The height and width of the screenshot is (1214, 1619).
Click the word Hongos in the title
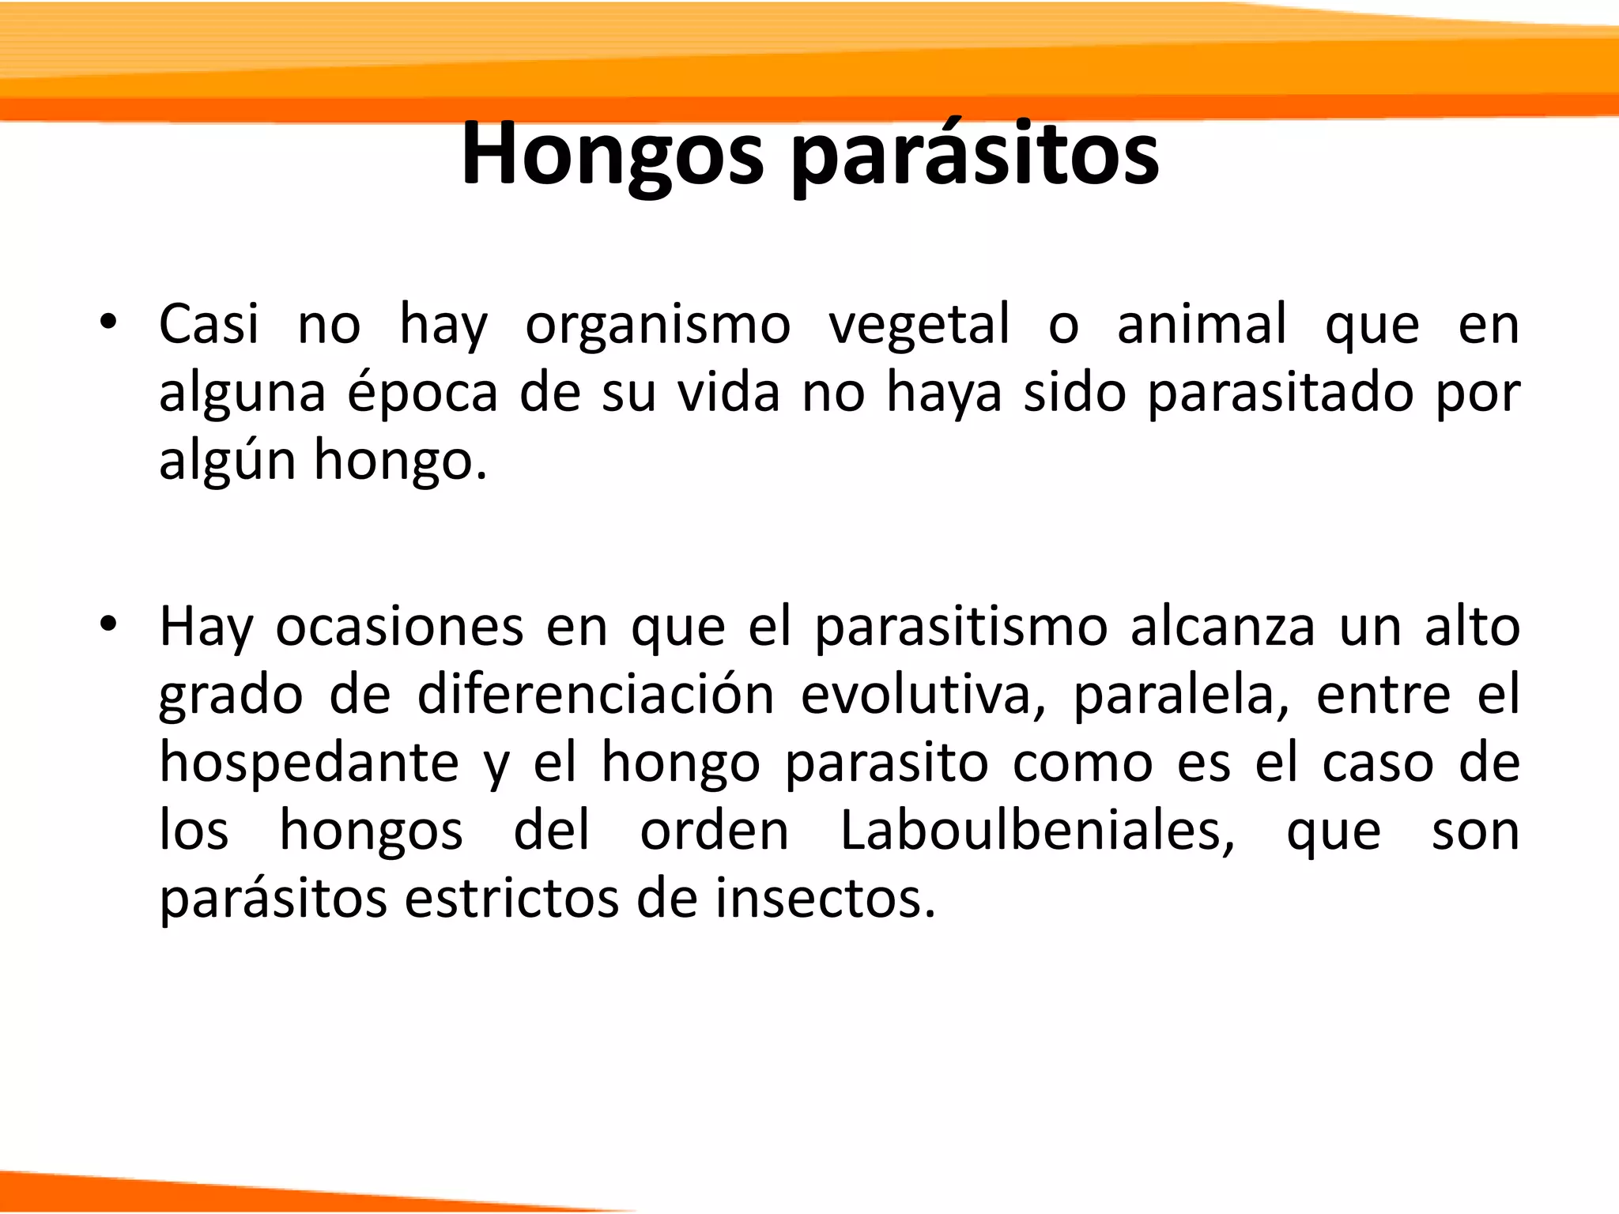coord(613,154)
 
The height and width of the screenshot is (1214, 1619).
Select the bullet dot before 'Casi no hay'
coord(109,323)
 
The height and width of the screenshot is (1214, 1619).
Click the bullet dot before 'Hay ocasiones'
coord(109,625)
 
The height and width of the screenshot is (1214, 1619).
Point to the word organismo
coord(658,325)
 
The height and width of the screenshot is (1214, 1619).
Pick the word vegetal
coord(919,325)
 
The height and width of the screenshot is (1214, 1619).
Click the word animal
coord(1202,323)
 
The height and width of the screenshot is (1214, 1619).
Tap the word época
coord(423,393)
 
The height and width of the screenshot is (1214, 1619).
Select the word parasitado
coord(1280,393)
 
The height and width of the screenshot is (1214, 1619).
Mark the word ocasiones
coord(400,627)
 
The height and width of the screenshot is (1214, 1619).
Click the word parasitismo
coord(961,627)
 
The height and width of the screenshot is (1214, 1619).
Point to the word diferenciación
coord(596,695)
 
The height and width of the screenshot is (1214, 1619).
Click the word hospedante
coord(309,763)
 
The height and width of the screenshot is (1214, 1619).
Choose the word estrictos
coord(511,899)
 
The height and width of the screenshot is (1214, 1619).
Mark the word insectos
coord(825,899)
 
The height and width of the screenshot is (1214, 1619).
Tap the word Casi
coord(209,323)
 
